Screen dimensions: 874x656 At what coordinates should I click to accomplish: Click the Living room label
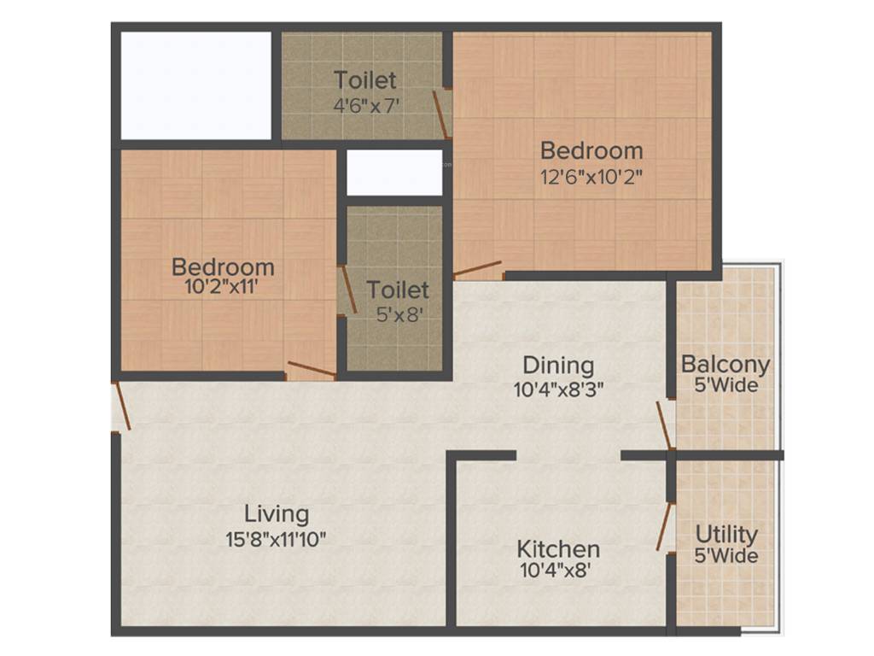pos(277,514)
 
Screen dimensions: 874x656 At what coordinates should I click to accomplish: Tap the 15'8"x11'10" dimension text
pos(276,540)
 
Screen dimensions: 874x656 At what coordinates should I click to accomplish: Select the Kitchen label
pos(558,549)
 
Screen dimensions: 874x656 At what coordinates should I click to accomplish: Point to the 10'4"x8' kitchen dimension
pos(555,570)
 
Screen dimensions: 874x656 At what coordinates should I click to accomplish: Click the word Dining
pos(558,366)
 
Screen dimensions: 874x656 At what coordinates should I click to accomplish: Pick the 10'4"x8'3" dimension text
pos(558,389)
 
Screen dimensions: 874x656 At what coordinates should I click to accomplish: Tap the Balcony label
pos(725,365)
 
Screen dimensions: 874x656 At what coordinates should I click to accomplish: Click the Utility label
pos(726,535)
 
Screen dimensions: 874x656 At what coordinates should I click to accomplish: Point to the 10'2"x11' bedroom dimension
pos(223,287)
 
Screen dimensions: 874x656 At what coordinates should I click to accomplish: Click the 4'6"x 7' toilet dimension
pos(365,105)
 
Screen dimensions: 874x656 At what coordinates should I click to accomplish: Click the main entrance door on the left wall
pos(121,406)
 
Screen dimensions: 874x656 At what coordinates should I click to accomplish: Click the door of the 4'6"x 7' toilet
pos(441,115)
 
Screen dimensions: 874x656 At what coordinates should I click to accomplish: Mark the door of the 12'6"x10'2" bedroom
pos(477,269)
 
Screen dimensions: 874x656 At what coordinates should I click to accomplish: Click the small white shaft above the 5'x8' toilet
pos(394,173)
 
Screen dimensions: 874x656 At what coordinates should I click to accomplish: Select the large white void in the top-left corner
pos(196,86)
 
